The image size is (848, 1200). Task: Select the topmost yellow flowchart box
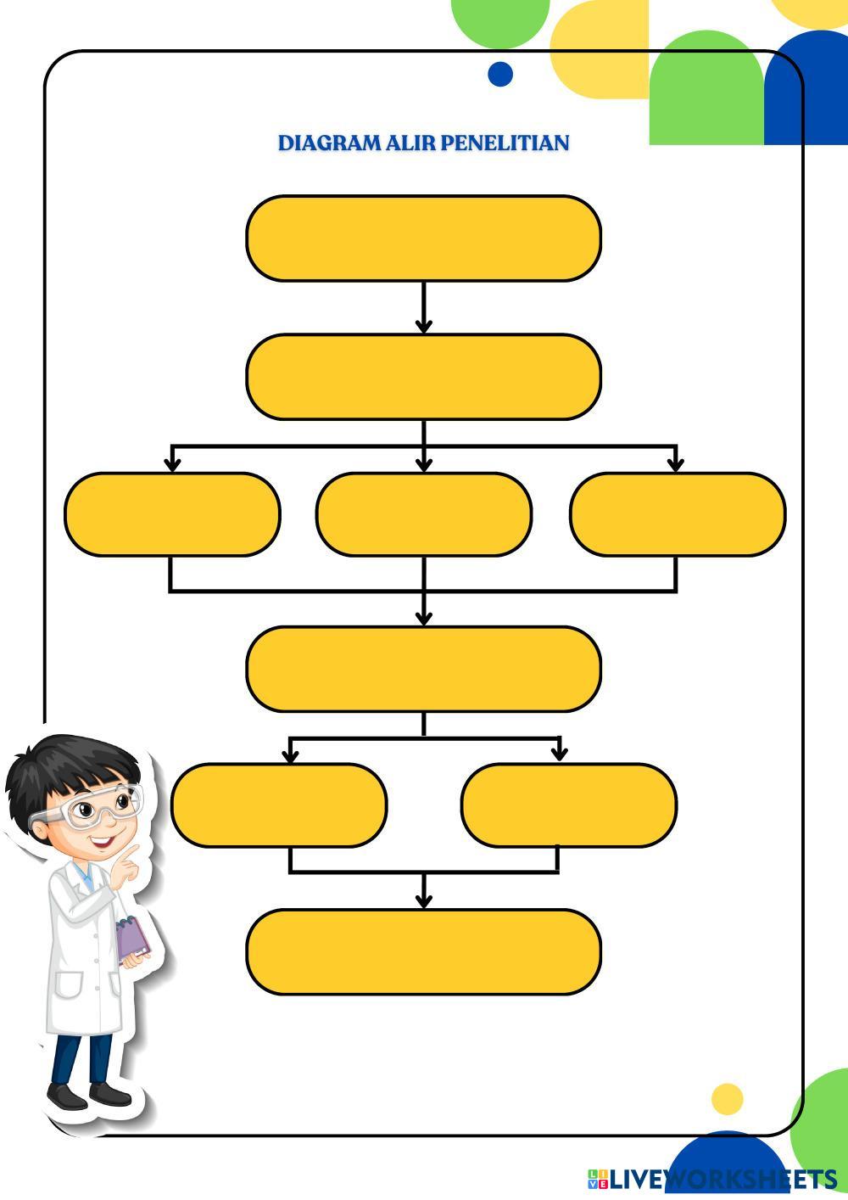coord(423,238)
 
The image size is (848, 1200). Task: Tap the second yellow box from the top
coord(423,377)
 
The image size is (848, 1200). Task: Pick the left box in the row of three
coord(172,514)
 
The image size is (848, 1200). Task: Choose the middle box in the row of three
coord(424,514)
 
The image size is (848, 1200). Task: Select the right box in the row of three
coord(677,514)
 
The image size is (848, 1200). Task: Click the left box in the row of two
coord(279,805)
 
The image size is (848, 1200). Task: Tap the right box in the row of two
coord(569,805)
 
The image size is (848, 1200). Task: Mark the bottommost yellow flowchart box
coord(423,951)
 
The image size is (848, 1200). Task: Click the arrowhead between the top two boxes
coord(424,325)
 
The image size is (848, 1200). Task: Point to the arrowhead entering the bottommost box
coord(424,900)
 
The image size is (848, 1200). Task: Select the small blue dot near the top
coord(500,74)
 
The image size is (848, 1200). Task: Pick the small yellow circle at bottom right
coord(727,1099)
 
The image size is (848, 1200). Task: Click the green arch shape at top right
coord(706,85)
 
